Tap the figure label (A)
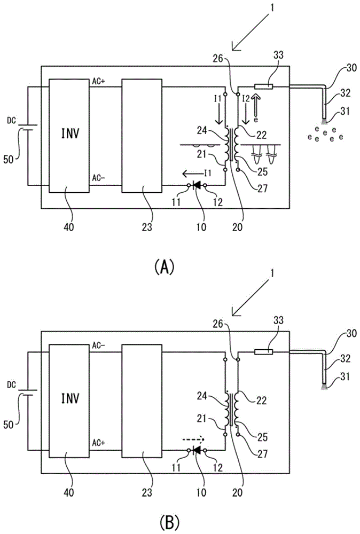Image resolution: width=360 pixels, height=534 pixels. coord(164,265)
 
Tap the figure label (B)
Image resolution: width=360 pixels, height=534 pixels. coord(164,520)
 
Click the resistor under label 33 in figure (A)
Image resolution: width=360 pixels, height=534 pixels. coord(265,86)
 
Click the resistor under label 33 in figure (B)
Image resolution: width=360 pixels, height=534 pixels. coord(265,351)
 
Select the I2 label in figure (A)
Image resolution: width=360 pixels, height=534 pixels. coord(246,99)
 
